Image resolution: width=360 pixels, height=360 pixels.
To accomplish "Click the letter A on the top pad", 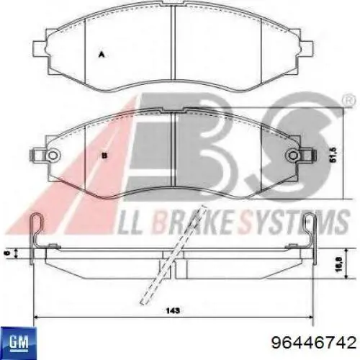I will pyautogui.click(x=102, y=53).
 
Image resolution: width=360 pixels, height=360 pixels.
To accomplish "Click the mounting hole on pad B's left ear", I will pyautogui.click(x=51, y=154).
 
